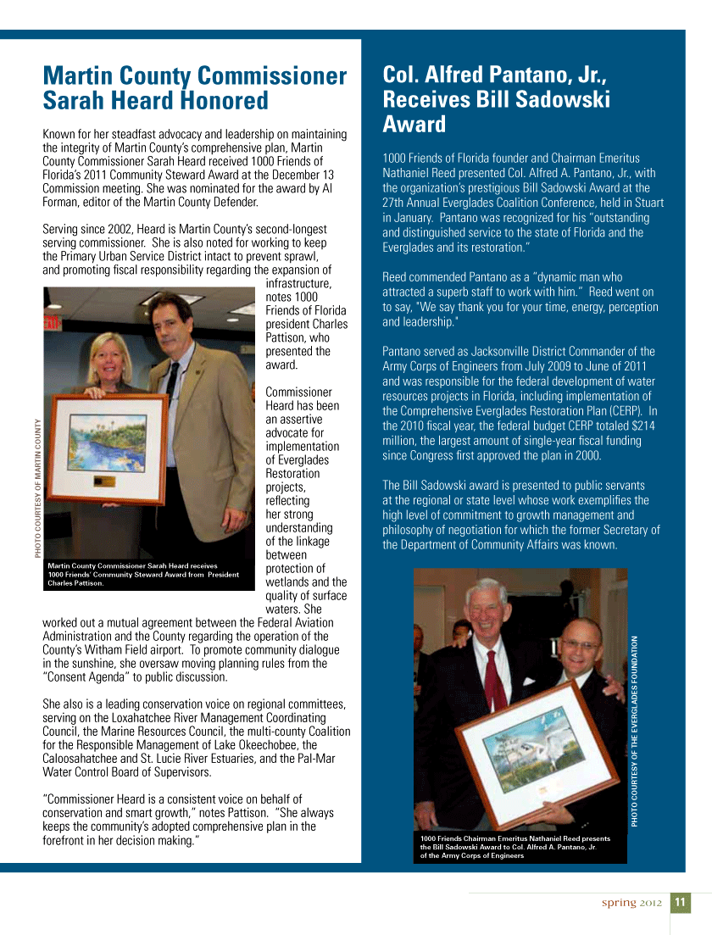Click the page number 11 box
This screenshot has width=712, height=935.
681,903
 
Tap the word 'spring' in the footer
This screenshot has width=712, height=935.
619,903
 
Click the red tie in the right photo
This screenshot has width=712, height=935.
496,678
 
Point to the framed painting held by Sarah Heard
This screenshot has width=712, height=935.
106,449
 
